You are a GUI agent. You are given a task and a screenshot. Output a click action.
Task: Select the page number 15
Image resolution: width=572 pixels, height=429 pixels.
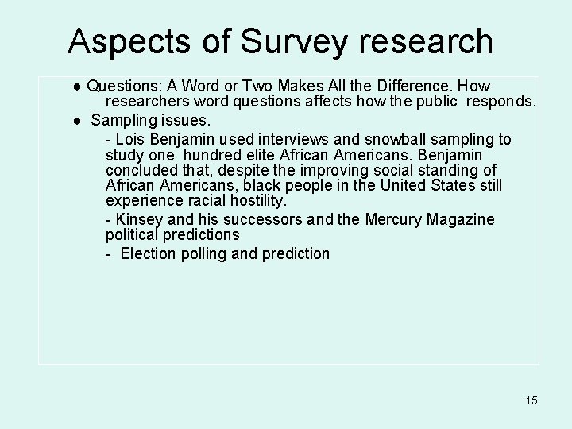pyautogui.click(x=531, y=400)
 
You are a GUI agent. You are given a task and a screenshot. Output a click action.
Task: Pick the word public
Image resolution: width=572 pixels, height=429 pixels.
pyautogui.click(x=437, y=102)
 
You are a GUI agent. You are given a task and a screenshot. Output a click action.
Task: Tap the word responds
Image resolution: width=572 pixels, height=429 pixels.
pyautogui.click(x=501, y=102)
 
